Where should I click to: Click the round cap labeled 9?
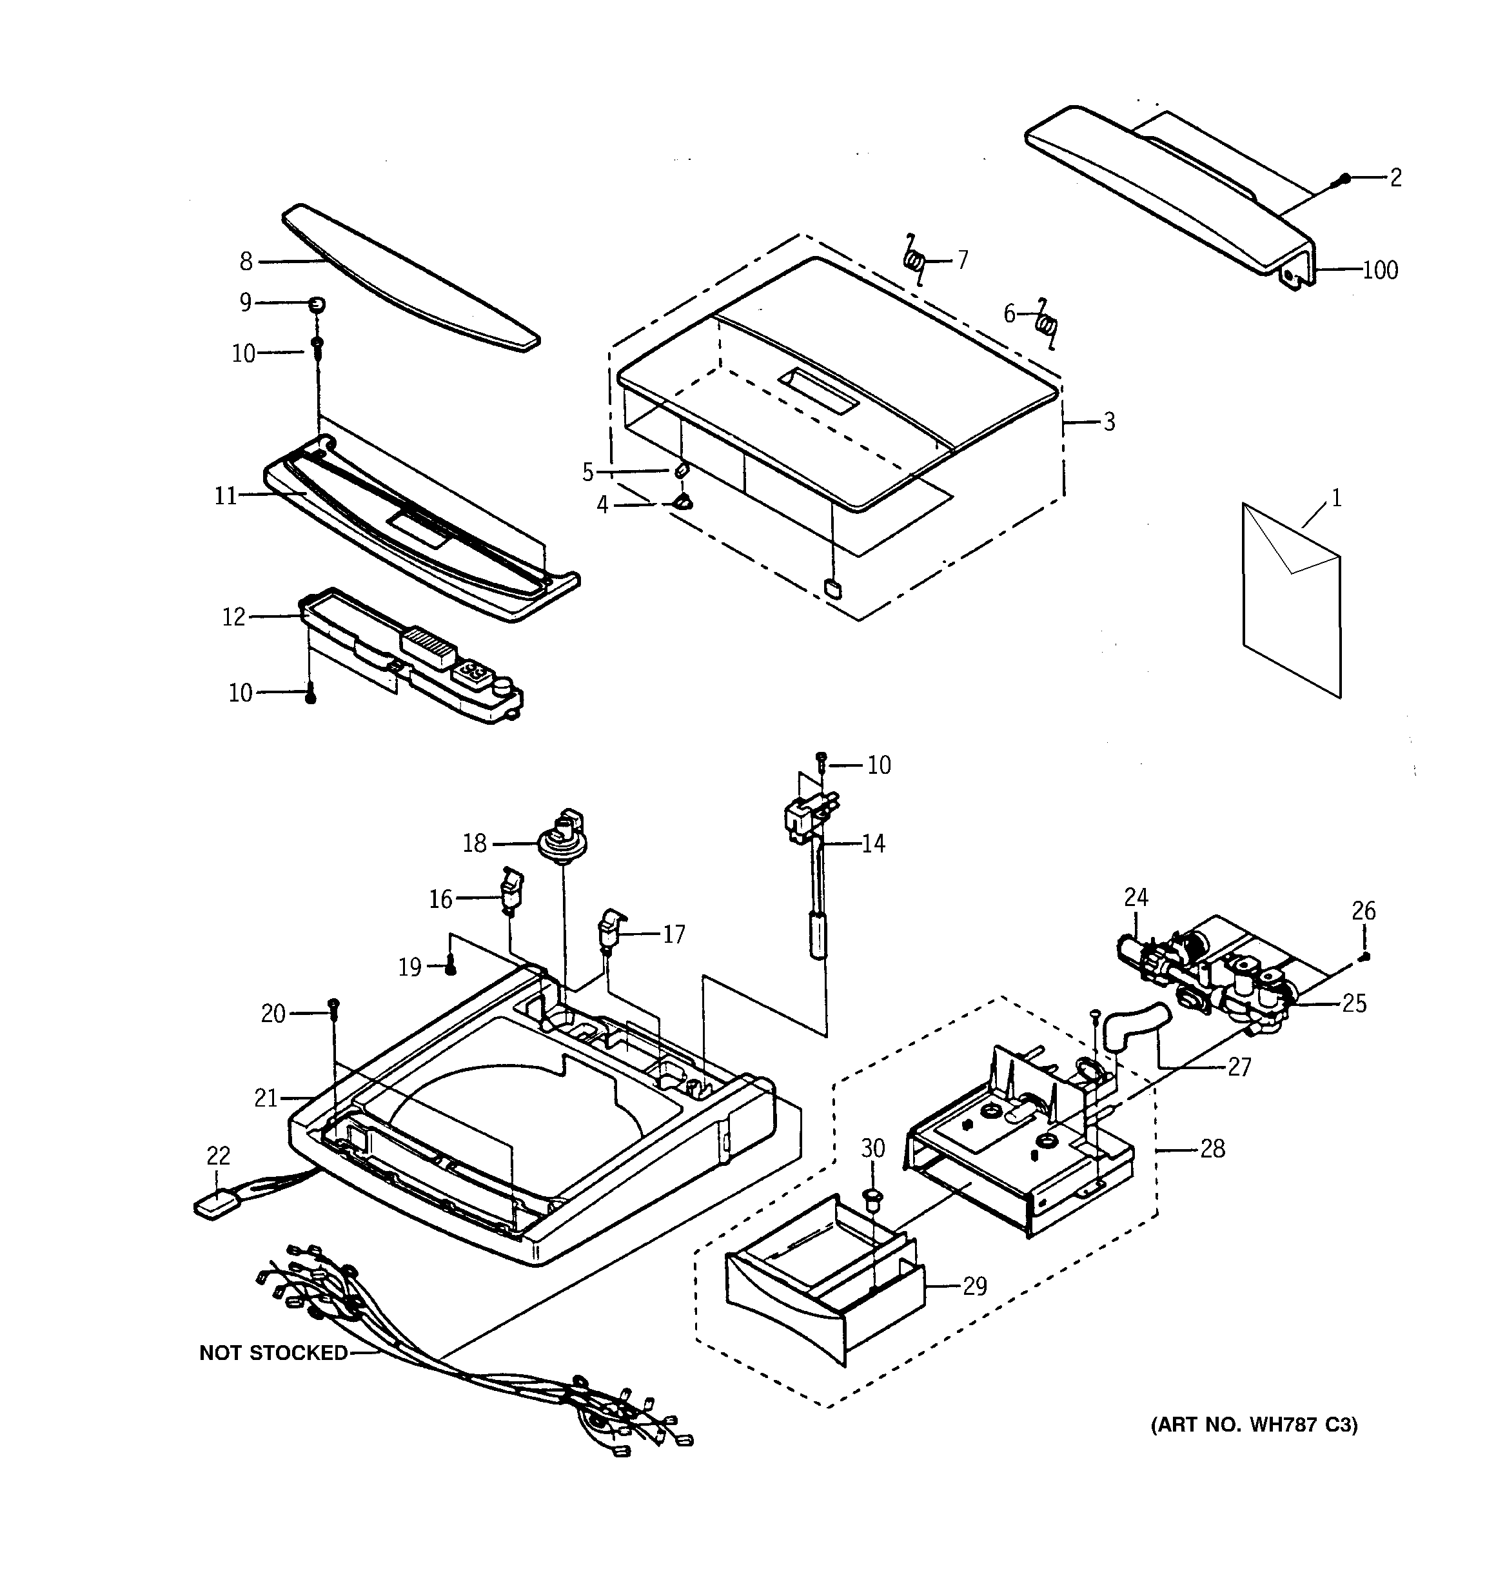(x=317, y=304)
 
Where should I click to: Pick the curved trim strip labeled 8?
(x=409, y=277)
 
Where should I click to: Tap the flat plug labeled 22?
(x=216, y=1204)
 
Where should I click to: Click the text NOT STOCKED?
(x=273, y=1353)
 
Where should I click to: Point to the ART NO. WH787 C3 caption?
(x=1254, y=1425)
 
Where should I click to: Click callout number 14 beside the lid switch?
(x=873, y=843)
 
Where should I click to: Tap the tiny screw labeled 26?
(x=1364, y=956)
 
